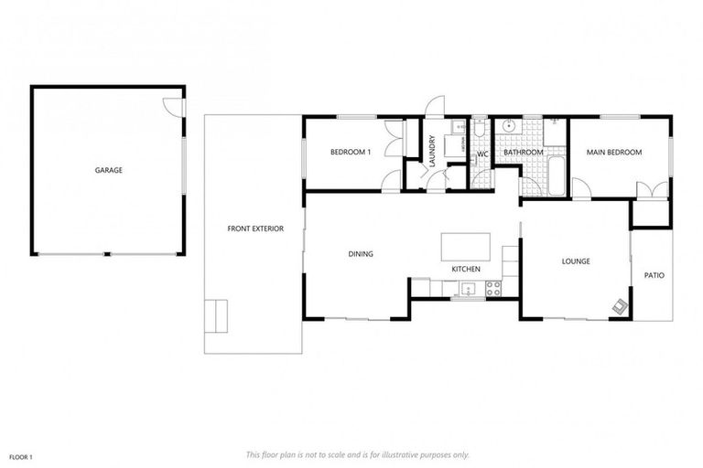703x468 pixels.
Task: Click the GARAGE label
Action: pyautogui.click(x=108, y=170)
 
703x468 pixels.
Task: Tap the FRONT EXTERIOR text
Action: pyautogui.click(x=255, y=229)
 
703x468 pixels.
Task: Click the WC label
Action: pyautogui.click(x=481, y=154)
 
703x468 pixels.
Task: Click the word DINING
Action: pyautogui.click(x=360, y=254)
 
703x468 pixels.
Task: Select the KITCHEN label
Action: pyautogui.click(x=466, y=269)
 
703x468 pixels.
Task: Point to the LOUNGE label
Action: pyautogui.click(x=575, y=261)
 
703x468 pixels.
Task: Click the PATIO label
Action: pyautogui.click(x=654, y=273)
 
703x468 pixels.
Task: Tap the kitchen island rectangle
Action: pyautogui.click(x=465, y=247)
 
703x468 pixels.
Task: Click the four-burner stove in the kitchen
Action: pyautogui.click(x=493, y=288)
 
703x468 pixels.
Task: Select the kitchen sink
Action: pyautogui.click(x=468, y=290)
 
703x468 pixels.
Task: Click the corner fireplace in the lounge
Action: pyautogui.click(x=621, y=307)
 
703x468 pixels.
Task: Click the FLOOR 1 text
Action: pyautogui.click(x=20, y=455)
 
